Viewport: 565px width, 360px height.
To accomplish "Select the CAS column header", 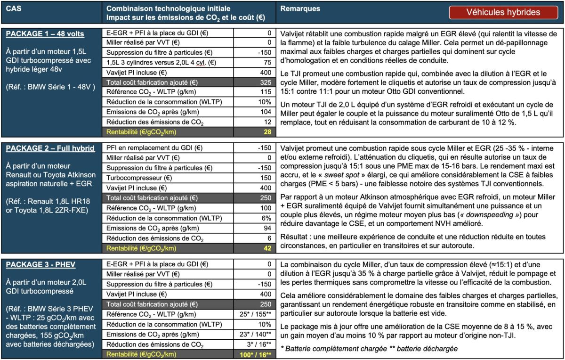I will pos(14,9).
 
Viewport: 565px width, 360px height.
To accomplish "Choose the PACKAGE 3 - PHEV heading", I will pos(40,264).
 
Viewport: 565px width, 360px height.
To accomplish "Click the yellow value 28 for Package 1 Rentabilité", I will pos(267,132).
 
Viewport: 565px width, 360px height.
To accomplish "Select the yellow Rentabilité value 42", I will pos(267,247).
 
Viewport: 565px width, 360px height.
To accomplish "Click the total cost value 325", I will pos(266,82).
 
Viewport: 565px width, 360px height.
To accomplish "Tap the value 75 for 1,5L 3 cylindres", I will pos(267,63).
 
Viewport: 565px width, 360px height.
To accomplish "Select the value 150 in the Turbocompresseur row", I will pos(266,178).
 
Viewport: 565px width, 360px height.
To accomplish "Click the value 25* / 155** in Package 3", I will pos(254,314).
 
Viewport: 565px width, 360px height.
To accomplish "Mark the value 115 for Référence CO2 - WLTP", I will pos(266,92).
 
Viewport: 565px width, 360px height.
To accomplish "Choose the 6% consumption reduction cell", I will pos(266,218).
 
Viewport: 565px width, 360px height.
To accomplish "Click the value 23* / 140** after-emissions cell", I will pos(254,334).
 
